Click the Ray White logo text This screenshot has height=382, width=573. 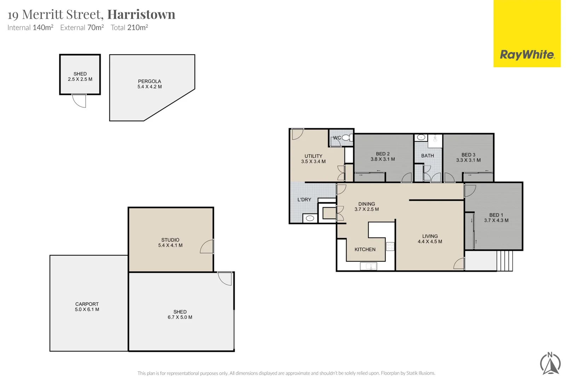tap(527, 55)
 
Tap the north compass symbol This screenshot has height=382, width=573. tap(550, 363)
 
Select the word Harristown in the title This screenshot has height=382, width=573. tap(141, 15)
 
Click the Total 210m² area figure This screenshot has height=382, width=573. tap(129, 28)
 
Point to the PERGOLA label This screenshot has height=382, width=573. tap(149, 81)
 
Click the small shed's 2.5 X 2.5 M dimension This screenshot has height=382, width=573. tap(80, 79)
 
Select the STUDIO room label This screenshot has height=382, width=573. tap(170, 240)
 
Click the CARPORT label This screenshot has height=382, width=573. tap(87, 304)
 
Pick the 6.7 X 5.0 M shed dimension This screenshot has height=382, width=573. tap(180, 317)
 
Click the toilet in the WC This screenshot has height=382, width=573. tap(346, 138)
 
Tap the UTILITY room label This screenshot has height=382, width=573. tap(313, 156)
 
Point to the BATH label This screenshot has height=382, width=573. tap(427, 156)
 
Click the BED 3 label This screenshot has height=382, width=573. tap(468, 155)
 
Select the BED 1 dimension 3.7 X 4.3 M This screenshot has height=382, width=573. tap(496, 220)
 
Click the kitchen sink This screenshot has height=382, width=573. tap(368, 266)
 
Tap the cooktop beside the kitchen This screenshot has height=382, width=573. tap(390, 246)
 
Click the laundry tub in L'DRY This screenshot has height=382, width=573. tap(310, 218)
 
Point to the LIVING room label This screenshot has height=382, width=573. tap(430, 236)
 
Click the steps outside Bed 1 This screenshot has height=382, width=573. tap(505, 261)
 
